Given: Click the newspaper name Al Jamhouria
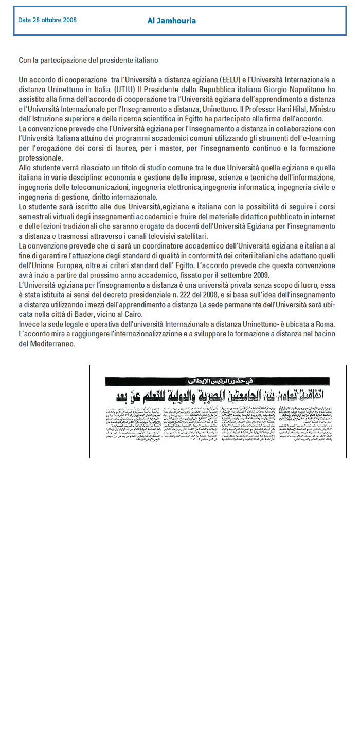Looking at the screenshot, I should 171,21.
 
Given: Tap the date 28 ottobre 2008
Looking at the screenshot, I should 47,20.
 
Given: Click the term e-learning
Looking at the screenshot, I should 317,138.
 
